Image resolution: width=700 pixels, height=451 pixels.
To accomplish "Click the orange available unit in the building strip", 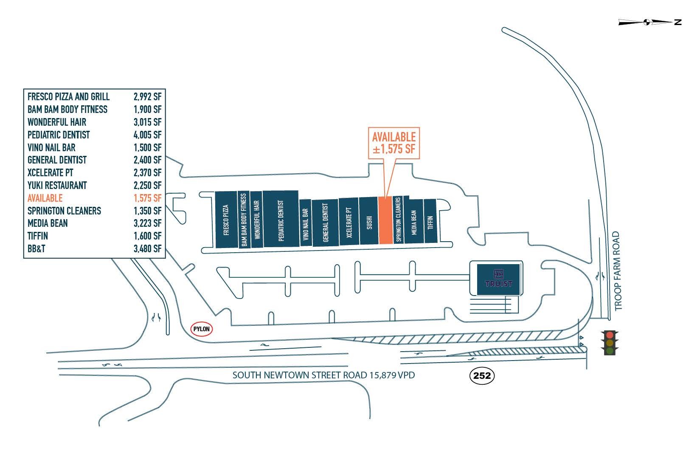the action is pos(385,220).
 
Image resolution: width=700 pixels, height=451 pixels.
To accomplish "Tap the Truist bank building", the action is pos(498,279).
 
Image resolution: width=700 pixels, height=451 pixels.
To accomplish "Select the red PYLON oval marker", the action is pos(202,329).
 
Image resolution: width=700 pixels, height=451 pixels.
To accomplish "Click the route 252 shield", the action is pos(482,376).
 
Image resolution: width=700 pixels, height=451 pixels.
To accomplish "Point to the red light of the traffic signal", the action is pos(610,335).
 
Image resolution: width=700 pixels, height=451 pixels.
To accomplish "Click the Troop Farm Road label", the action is pos(618,271).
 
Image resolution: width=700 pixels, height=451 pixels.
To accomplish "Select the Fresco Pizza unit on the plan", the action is pos(226,220).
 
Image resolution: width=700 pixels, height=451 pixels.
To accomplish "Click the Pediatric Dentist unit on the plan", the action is pos(281,219).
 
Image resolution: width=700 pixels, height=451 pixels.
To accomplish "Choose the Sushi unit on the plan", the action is pos(369,221).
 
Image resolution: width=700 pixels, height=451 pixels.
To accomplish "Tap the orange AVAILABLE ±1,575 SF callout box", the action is pos(394,143).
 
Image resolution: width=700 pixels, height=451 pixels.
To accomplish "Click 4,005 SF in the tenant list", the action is pos(147,135).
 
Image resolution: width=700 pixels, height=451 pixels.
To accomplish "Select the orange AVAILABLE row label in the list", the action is pos(45,198).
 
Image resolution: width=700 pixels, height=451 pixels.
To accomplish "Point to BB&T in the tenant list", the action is pos(36,249).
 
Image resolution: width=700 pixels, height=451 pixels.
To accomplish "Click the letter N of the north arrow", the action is pos(678,22).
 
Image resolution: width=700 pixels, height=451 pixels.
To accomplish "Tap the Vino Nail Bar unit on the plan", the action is pos(305,223).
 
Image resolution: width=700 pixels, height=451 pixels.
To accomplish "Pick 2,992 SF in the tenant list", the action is pos(147,97).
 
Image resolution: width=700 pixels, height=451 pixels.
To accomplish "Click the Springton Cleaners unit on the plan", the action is pos(398,220).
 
